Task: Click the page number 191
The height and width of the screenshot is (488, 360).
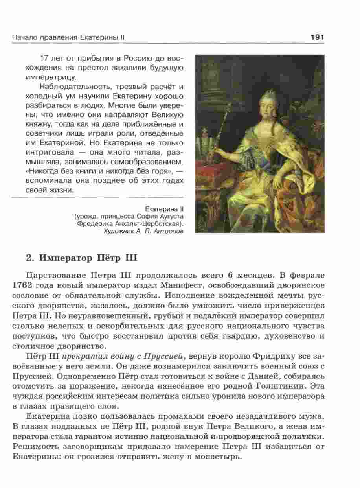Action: tap(316, 37)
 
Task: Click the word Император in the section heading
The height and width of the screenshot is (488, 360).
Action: tap(65, 258)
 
